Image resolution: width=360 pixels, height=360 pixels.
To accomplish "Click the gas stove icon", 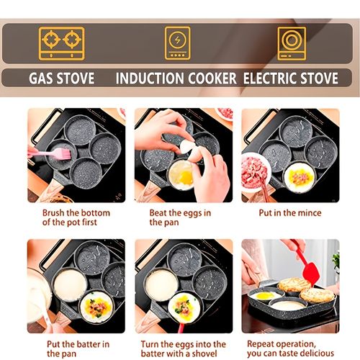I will pos(61,43).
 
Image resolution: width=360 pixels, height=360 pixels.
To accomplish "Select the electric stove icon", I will pos(292,43).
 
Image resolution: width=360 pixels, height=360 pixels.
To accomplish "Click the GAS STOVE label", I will pos(61,78).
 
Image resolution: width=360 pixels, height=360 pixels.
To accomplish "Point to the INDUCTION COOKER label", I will pos(177,78).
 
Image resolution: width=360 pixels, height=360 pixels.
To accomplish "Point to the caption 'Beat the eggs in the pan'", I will pos(180,217).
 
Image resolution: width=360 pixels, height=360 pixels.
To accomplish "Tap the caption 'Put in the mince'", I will pos(291,213).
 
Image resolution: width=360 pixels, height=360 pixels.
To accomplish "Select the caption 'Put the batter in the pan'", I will pos(78,348).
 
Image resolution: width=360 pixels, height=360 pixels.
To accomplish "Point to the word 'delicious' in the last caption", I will pos(316,354).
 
